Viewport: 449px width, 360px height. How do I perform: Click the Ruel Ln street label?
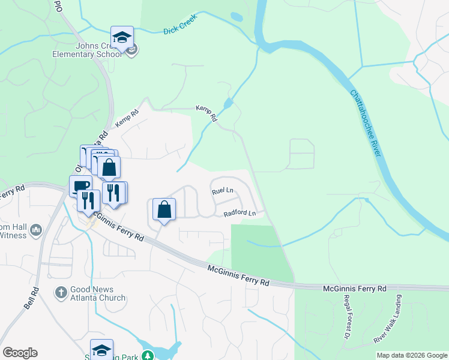coord(222,191)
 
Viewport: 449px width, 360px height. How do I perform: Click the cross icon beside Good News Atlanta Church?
coord(61,292)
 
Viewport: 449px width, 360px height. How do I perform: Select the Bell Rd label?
coord(32,298)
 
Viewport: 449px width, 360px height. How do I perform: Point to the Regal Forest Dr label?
coord(346,315)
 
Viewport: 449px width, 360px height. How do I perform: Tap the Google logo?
coord(20,353)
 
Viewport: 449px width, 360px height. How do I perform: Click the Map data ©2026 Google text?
coord(412,355)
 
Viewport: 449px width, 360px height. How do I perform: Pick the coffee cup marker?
coord(80,186)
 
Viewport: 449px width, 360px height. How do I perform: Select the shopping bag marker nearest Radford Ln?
coord(164,209)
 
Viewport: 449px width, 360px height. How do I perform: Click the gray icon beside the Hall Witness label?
coord(36,230)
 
